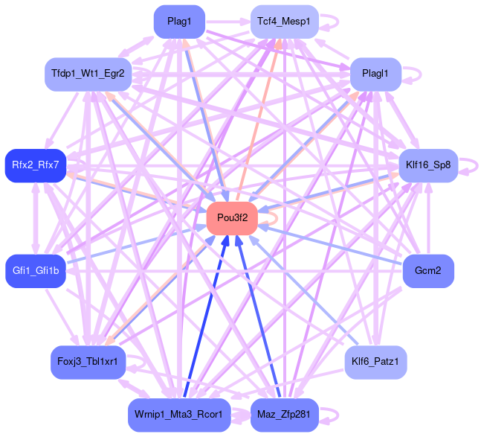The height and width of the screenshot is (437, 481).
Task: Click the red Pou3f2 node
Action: click(x=232, y=218)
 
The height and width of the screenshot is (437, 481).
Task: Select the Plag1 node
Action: click(x=179, y=22)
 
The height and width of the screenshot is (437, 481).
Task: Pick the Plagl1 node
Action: click(x=375, y=73)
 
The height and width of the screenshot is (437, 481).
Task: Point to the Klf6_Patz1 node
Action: click(x=375, y=362)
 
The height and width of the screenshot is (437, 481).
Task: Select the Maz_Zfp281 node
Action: click(x=285, y=414)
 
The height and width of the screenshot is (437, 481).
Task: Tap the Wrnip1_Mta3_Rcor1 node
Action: click(x=178, y=414)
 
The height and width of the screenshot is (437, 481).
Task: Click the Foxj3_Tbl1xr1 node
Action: click(x=87, y=362)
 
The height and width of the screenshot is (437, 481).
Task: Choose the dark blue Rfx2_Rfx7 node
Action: click(x=35, y=163)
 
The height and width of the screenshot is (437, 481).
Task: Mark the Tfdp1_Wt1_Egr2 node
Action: click(x=88, y=73)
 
